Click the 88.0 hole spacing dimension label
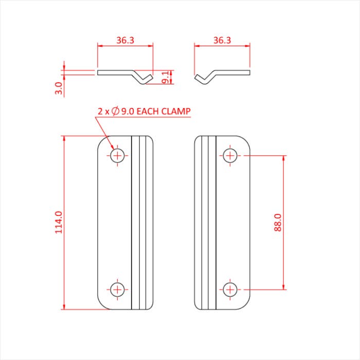(x=277, y=223)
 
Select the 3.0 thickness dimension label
(x=59, y=88)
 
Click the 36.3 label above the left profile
(x=125, y=40)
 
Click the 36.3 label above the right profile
(x=222, y=40)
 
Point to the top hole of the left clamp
(x=118, y=155)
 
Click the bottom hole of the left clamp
(x=118, y=290)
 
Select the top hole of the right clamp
(x=230, y=155)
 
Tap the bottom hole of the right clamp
(x=230, y=289)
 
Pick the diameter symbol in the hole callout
(x=116, y=111)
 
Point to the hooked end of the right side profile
(x=202, y=79)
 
